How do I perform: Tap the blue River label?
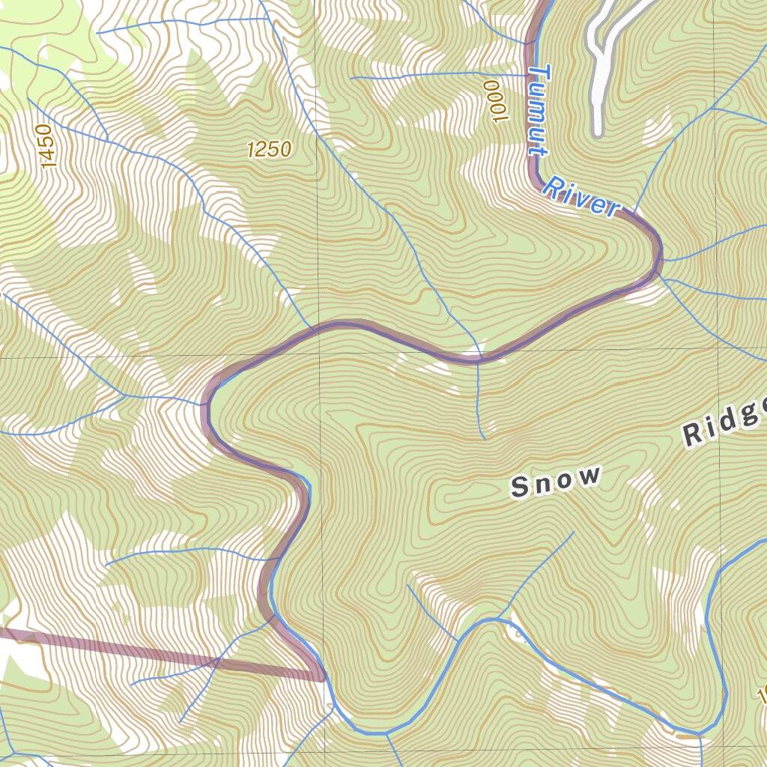pos(581,197)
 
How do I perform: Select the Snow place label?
pos(556,481)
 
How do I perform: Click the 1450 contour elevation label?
pos(46,146)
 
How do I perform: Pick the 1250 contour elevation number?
pos(269,150)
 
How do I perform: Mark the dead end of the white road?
pos(597,134)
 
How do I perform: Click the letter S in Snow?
pos(519,488)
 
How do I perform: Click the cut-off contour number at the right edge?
pos(762,697)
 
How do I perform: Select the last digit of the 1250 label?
pos(285,150)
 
